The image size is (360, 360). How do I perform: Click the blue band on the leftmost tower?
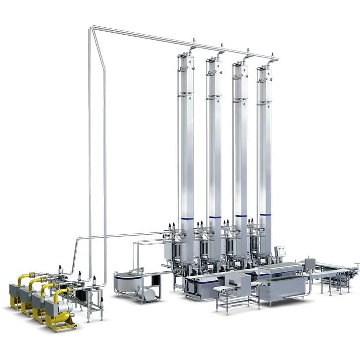[187, 218]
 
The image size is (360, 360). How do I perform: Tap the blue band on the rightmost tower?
[265, 214]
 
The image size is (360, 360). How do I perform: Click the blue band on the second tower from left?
[214, 217]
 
